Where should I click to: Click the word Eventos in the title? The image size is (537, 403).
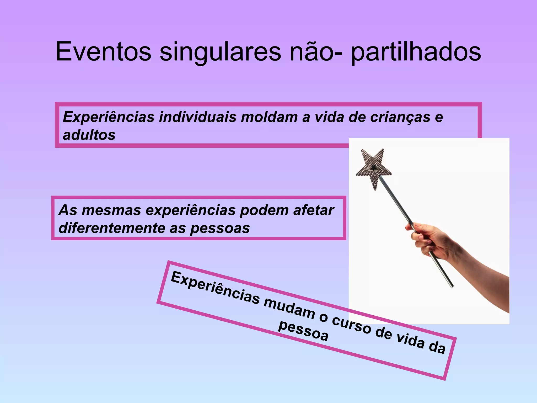103,52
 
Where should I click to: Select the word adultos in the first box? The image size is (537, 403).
89,135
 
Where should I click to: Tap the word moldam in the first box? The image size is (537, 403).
269,117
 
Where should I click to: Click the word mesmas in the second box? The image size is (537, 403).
111,210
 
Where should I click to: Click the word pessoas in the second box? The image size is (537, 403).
220,228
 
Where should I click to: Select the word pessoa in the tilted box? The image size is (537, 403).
303,331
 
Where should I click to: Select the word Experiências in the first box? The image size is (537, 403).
109,117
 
